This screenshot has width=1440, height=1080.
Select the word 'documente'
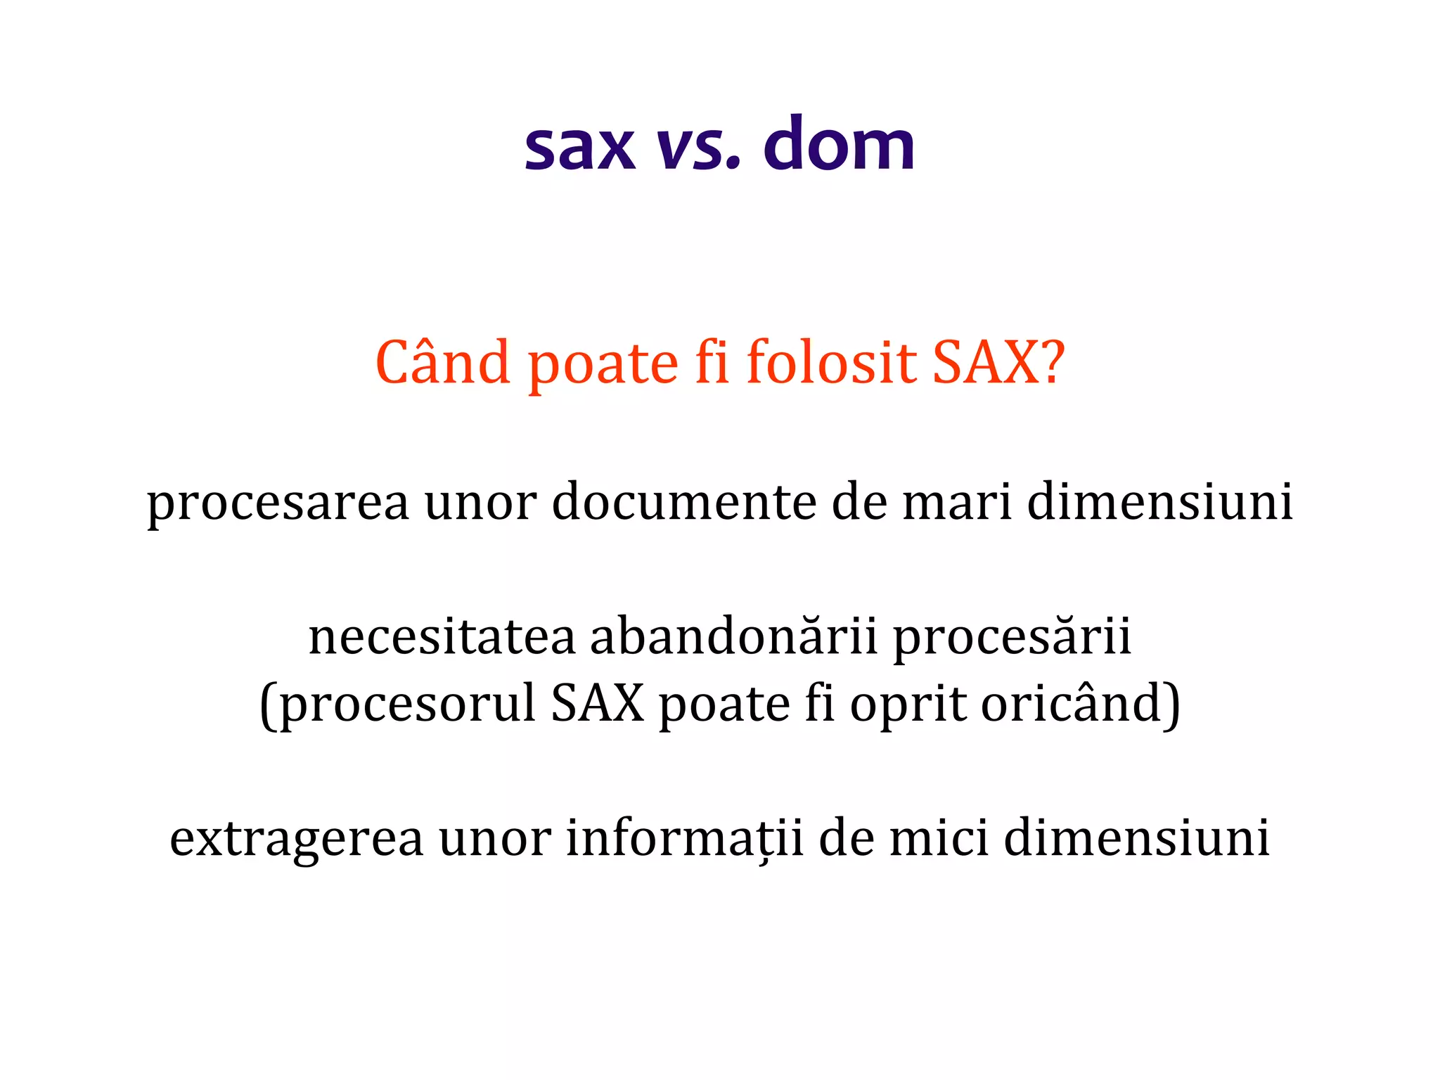(x=684, y=502)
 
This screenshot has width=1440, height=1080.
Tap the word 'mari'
(x=957, y=502)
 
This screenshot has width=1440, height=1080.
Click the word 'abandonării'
(x=733, y=636)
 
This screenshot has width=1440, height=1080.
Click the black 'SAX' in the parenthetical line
(x=598, y=703)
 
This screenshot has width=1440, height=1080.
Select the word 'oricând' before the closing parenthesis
(x=1072, y=703)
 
